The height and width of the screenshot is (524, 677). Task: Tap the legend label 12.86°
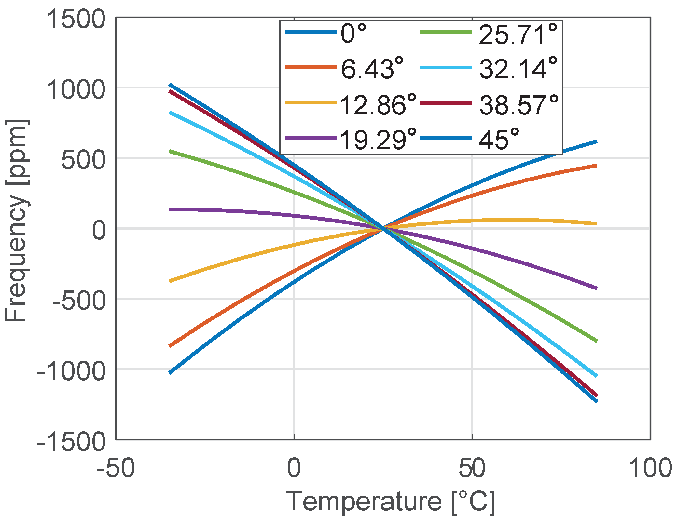click(x=378, y=105)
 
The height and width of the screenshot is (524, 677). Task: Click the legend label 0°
click(x=353, y=34)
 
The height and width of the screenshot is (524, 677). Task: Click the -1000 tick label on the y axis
click(x=71, y=371)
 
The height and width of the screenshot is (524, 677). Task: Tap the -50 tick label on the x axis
click(x=116, y=468)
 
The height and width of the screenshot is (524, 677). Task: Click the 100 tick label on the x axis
click(x=650, y=468)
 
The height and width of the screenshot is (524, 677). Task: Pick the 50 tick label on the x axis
click(x=472, y=468)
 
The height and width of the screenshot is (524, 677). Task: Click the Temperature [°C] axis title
click(x=391, y=502)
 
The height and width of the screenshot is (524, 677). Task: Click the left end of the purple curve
click(x=170, y=209)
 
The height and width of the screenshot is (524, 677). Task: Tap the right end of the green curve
click(x=597, y=341)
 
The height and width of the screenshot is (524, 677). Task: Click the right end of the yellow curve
click(x=597, y=223)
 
